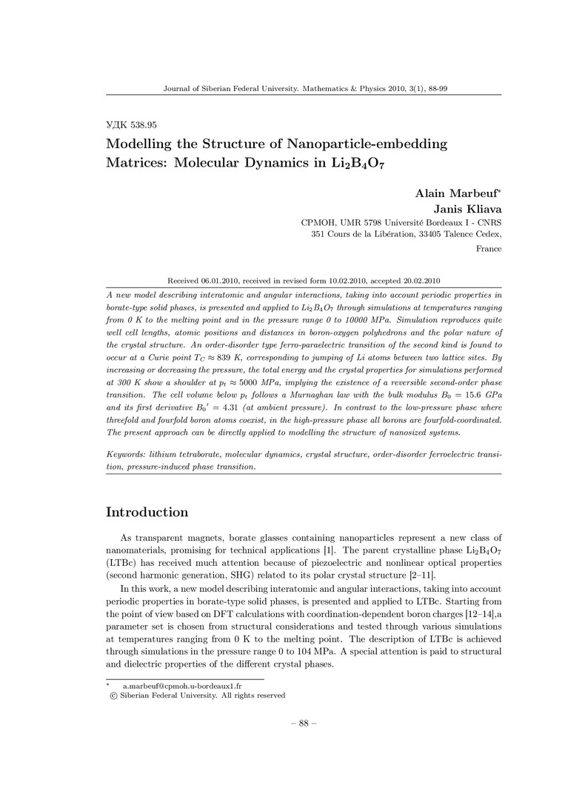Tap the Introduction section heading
click(147, 513)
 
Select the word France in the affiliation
click(489, 249)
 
